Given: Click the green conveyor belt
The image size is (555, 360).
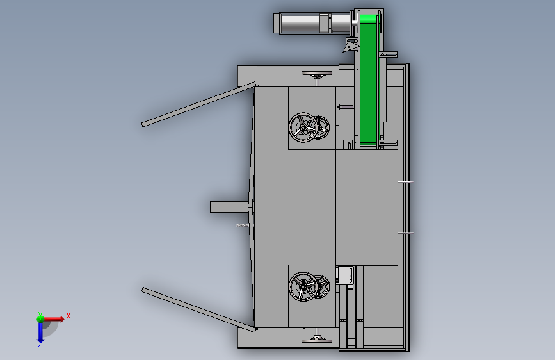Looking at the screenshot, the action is click(x=369, y=79).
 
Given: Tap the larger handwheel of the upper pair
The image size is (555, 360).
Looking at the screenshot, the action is click(x=303, y=127).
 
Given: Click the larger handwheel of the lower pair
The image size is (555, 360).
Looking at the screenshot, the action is click(x=303, y=286).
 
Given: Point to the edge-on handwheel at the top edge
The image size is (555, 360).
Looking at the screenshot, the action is click(x=317, y=74).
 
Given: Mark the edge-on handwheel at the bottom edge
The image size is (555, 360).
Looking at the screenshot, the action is click(x=317, y=341).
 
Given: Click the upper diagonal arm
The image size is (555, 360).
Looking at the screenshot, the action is click(x=198, y=104).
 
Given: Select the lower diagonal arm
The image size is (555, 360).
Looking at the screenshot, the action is click(x=198, y=309).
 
